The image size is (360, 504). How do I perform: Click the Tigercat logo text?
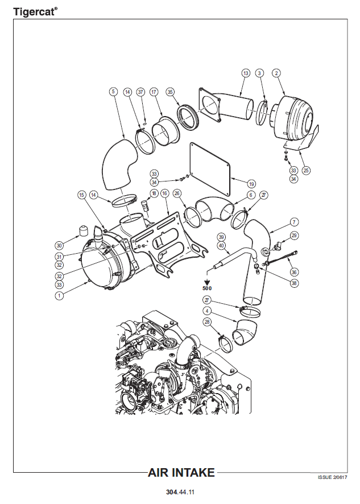pos(35,12)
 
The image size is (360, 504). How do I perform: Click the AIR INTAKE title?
pos(181,473)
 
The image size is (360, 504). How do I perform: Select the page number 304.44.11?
pos(180,492)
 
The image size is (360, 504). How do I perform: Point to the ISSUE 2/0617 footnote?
pos(332,477)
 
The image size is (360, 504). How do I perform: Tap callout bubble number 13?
pos(246,73)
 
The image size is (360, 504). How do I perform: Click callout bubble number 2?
pos(276,73)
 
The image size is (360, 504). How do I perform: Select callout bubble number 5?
pos(113,92)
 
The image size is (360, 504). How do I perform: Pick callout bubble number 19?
pos(251,184)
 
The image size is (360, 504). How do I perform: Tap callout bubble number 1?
pos(59,295)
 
